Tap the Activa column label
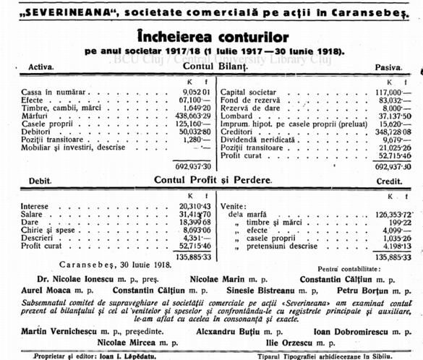[x=41, y=67]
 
